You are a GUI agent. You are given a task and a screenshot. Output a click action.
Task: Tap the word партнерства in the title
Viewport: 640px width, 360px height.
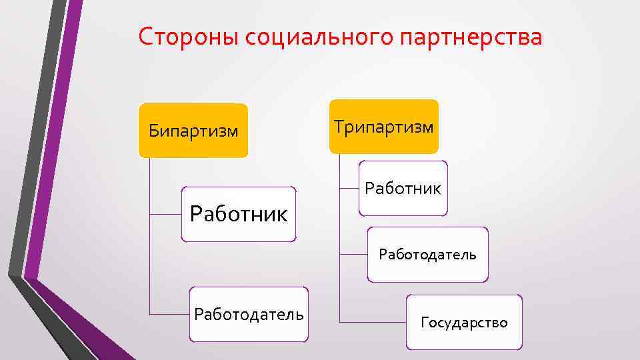click(473, 38)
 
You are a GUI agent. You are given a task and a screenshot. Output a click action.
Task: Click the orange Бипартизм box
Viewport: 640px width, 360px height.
click(193, 130)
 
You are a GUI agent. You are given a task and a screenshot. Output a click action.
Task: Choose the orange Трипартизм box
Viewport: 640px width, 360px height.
click(384, 126)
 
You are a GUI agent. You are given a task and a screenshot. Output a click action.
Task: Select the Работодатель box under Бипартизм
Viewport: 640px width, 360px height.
click(249, 314)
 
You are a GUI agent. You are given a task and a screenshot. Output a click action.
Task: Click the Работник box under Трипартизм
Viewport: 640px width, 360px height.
click(403, 188)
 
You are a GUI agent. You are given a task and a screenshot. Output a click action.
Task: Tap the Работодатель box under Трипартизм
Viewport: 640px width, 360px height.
click(427, 254)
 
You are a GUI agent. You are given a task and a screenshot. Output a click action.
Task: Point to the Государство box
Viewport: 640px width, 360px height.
click(464, 323)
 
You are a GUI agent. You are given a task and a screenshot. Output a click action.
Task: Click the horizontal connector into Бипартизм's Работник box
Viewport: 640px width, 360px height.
click(167, 215)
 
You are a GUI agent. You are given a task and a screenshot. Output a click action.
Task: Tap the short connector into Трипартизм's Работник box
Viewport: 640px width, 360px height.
click(349, 189)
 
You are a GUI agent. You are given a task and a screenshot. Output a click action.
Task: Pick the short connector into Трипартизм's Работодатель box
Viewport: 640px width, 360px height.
click(353, 255)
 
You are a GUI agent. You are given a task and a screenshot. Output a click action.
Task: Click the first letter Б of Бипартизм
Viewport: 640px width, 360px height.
click(153, 130)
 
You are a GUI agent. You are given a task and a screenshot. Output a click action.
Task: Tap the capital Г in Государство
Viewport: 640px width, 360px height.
click(425, 323)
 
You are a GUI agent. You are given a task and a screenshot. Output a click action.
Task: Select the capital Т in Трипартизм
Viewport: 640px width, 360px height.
click(338, 126)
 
